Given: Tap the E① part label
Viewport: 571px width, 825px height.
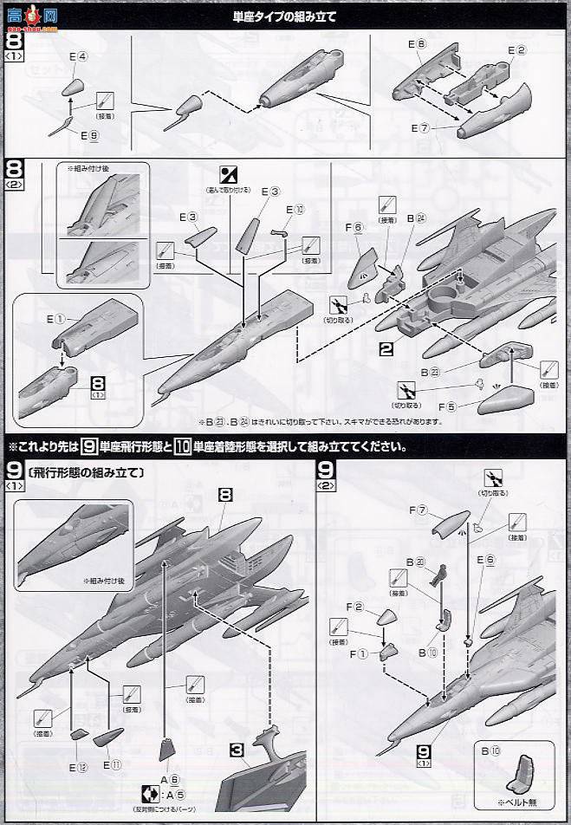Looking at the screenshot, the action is click(56, 319).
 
